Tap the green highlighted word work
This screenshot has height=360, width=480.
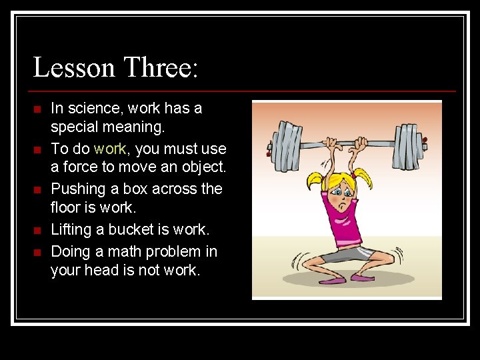tap(109, 149)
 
